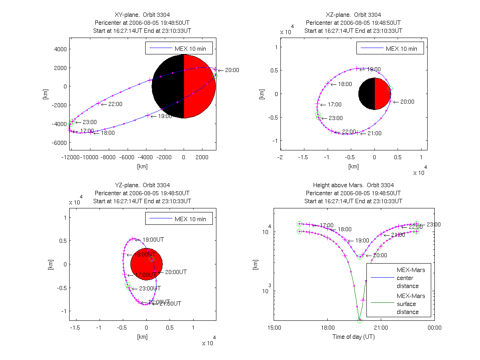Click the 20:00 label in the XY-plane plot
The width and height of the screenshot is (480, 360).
(x=232, y=70)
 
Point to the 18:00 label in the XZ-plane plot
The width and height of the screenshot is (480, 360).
(x=345, y=84)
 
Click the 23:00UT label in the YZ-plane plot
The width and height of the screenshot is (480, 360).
(x=150, y=288)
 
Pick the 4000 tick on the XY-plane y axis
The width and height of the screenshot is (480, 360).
(x=60, y=49)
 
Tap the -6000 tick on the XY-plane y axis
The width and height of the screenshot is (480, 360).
(x=59, y=143)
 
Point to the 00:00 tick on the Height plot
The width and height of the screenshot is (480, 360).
(x=434, y=328)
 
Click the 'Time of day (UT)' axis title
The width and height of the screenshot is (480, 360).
(x=354, y=337)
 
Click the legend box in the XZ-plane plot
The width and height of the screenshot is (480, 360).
(x=390, y=48)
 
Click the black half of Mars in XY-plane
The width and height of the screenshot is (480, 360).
(x=168, y=86)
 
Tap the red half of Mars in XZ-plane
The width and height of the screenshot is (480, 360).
(x=382, y=94)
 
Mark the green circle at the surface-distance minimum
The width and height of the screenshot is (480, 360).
(x=360, y=320)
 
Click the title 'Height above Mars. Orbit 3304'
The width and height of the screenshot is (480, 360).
(x=354, y=185)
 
